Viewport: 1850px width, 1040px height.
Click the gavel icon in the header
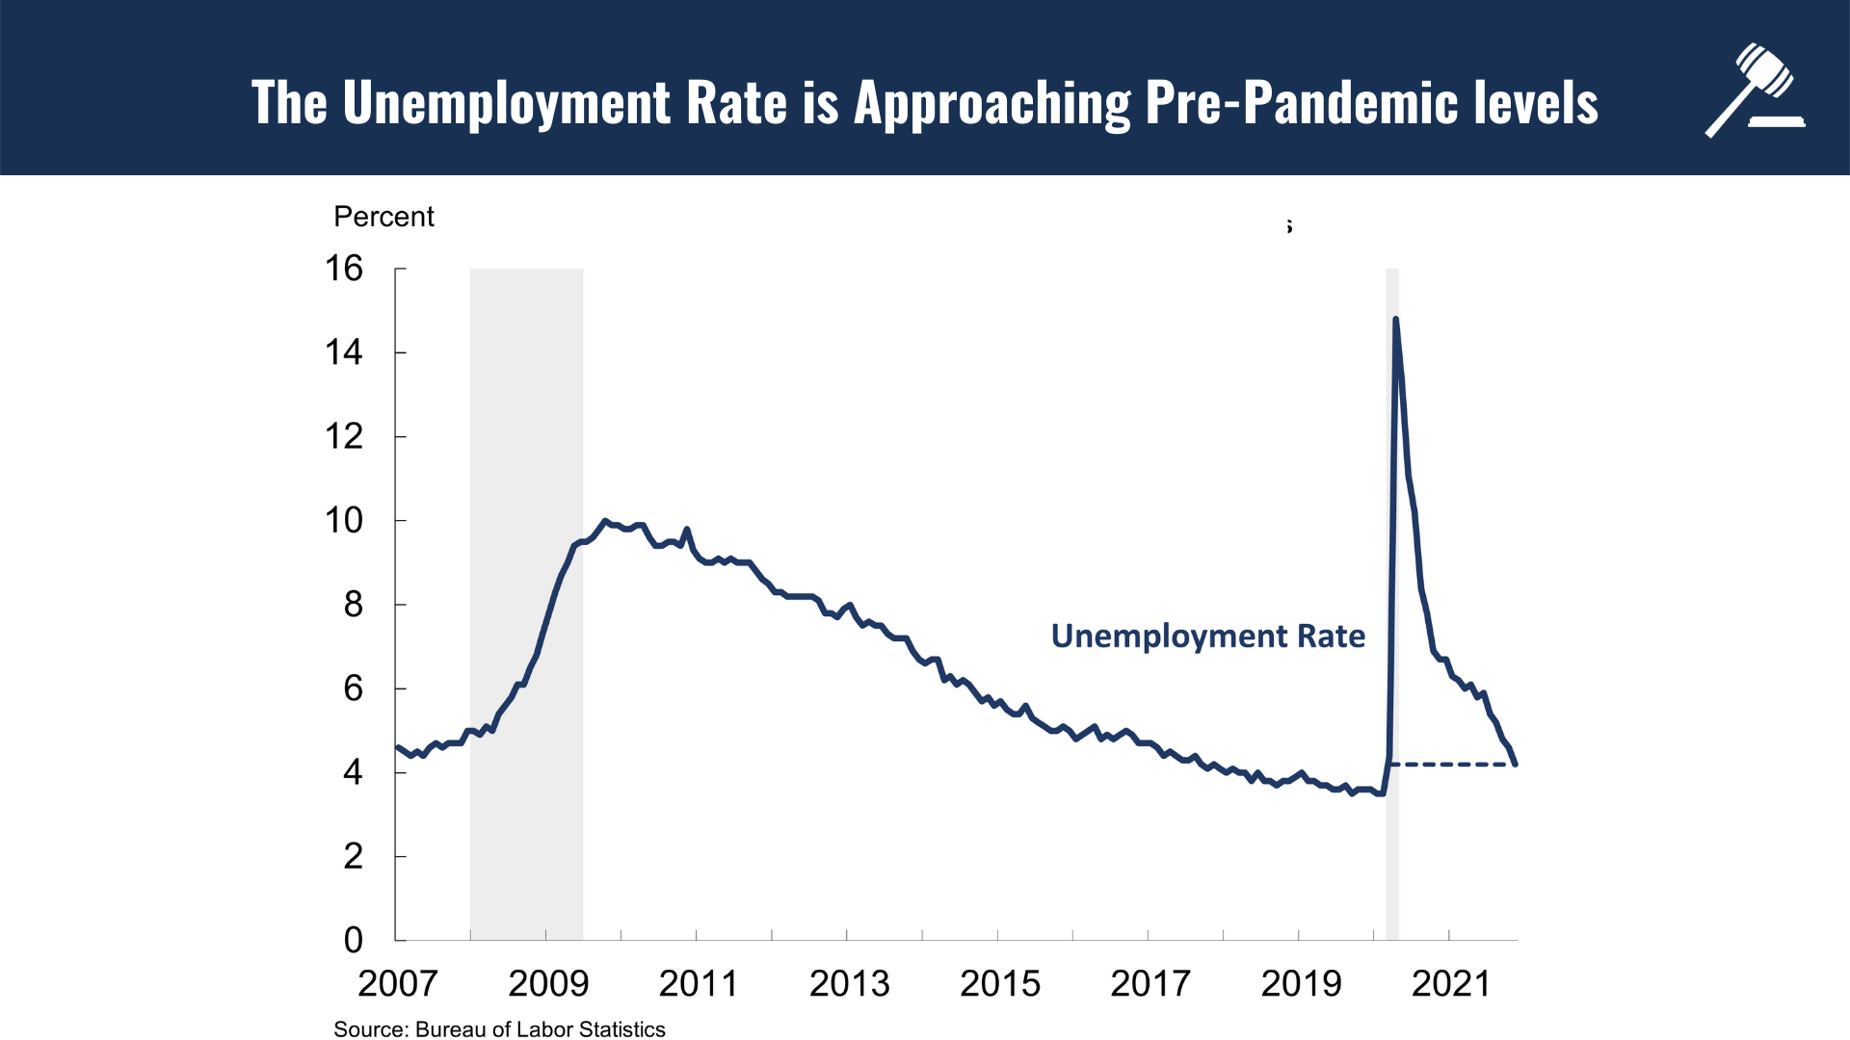[x=1755, y=91]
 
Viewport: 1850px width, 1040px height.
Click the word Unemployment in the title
[x=506, y=103]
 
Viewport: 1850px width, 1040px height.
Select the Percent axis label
[x=383, y=217]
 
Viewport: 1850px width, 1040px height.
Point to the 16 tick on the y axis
[x=344, y=269]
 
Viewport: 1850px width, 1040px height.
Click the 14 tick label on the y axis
[x=344, y=352]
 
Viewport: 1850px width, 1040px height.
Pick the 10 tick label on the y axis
[x=344, y=521]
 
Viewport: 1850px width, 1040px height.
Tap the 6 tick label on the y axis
[x=353, y=689]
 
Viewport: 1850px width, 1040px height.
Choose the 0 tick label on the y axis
[x=353, y=940]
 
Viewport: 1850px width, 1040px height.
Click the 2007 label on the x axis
[x=397, y=983]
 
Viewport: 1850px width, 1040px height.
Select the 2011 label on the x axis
[x=699, y=983]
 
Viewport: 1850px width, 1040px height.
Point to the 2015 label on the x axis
[x=1000, y=983]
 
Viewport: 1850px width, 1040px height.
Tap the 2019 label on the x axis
[x=1301, y=983]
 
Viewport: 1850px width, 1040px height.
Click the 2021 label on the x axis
[x=1451, y=983]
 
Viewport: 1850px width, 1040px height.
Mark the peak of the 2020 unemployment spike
[x=1395, y=320]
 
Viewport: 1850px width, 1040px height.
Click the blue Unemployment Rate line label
[x=1207, y=637]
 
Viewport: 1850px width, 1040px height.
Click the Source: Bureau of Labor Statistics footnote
[x=499, y=1029]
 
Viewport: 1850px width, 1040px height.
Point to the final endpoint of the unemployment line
[x=1516, y=765]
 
